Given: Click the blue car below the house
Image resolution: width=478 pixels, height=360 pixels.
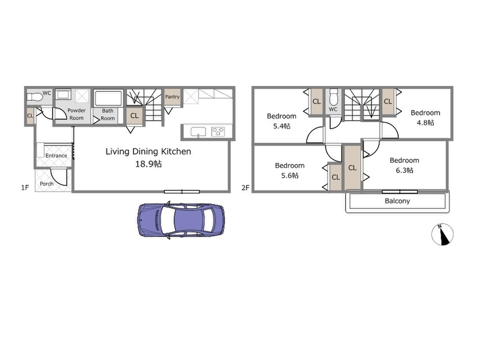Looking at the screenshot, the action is coord(181,220).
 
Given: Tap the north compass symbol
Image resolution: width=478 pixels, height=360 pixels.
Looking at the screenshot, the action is coord(442,234).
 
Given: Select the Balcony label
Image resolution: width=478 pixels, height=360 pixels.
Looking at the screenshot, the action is coord(397,201).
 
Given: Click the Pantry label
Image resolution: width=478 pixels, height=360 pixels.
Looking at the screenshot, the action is coord(172,97).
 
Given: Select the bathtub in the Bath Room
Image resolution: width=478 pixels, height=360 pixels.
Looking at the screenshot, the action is coord(108,98).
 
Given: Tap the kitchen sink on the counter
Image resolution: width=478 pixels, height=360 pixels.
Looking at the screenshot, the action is coord(198,132).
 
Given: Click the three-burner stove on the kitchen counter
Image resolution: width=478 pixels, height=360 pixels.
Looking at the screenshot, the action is coord(218,132).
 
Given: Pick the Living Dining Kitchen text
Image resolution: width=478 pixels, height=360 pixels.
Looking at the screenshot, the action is coord(148,152).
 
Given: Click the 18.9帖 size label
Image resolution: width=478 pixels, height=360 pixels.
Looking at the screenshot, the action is coord(148,164).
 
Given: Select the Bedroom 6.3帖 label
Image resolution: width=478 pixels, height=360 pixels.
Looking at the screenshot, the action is coord(405,165).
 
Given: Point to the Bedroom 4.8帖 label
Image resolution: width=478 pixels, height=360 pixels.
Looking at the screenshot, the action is coord(425,117).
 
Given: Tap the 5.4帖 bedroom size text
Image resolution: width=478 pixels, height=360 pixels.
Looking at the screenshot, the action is coord(281,126).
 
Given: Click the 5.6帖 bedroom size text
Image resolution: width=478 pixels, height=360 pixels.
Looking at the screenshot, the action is coord(290,175).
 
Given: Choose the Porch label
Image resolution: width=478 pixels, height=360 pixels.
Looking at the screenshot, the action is coord(47,184).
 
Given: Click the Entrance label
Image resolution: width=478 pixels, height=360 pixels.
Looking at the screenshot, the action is coord(56,156).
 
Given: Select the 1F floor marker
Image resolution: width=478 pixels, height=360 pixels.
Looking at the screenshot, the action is coord(25,188).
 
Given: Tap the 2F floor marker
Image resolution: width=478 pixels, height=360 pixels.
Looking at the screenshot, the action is coord(246,188).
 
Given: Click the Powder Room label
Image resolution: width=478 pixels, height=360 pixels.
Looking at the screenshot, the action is coord(76,114).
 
